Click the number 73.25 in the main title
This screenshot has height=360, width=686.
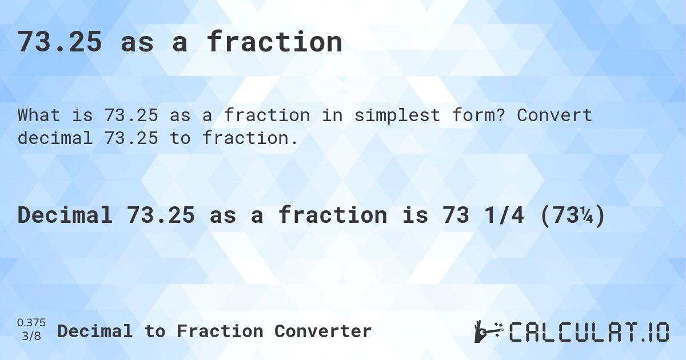click(x=60, y=42)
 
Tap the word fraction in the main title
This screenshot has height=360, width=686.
click(x=274, y=42)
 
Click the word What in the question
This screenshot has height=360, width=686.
click(x=39, y=115)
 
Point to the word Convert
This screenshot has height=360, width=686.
click(x=555, y=115)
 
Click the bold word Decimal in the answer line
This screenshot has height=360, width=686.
click(x=65, y=215)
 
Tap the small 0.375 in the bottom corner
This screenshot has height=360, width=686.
click(x=31, y=323)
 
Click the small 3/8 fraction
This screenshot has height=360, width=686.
click(x=31, y=336)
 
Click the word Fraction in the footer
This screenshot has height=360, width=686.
click(x=220, y=331)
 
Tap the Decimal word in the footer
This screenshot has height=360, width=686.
click(x=95, y=331)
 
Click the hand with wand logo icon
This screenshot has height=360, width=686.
click(x=487, y=331)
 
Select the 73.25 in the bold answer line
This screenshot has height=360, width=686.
click(x=161, y=215)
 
